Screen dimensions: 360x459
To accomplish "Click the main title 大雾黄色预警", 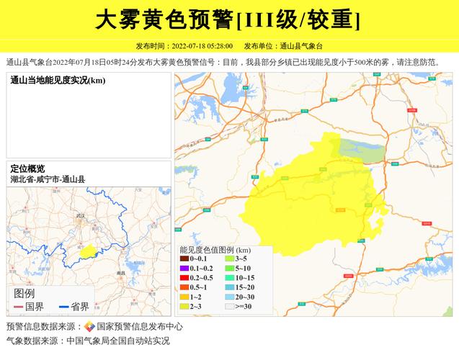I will click(x=165, y=19).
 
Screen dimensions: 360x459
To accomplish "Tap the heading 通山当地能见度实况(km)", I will click(x=58, y=80).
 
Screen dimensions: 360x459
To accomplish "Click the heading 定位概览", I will click(x=27, y=168).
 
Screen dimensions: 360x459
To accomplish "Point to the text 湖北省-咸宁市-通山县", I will click(x=48, y=179).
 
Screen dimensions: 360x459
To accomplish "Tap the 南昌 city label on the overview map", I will click(x=121, y=274).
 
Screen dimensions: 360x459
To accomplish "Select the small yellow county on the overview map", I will click(x=88, y=251).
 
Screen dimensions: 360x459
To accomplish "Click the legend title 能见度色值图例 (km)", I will click(x=215, y=249).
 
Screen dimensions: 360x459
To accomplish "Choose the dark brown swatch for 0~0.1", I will click(x=184, y=258).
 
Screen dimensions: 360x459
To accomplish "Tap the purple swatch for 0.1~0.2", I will click(x=184, y=268).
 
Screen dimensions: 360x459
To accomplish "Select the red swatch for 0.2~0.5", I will click(x=184, y=277).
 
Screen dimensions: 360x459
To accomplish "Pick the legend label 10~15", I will click(x=245, y=277).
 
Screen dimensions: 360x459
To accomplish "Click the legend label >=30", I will click(x=244, y=306).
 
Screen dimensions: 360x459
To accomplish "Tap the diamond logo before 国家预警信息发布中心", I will click(x=89, y=326).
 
